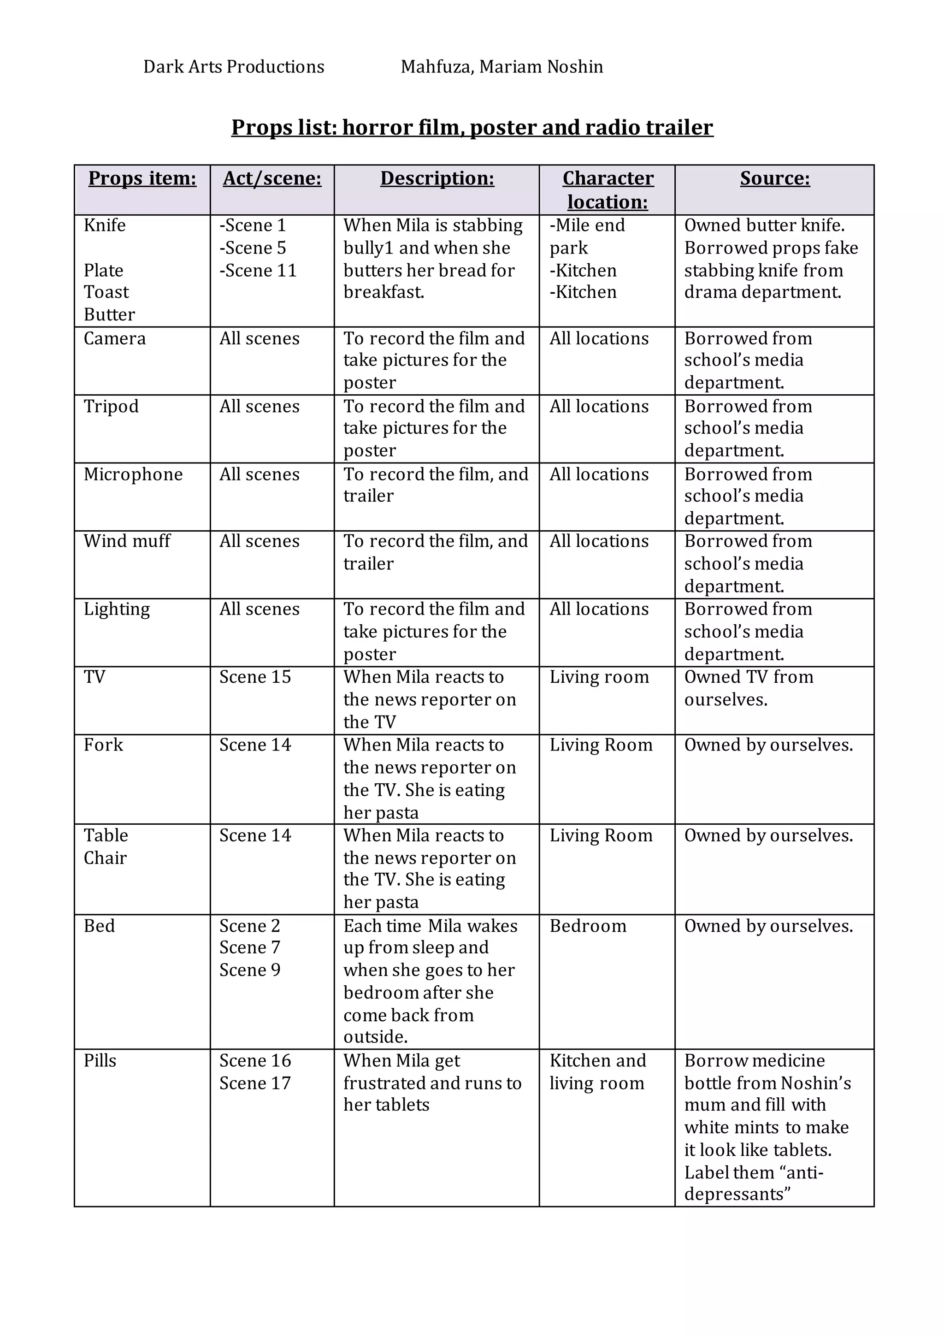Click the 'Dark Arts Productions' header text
coord(234,67)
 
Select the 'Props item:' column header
coord(142,178)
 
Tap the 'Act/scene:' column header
coord(272,178)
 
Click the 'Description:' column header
coord(437,178)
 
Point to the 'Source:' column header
coord(774,178)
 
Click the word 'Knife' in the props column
coord(105,225)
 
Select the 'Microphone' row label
coord(133,474)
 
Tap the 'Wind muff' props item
coord(127,542)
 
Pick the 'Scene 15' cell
coord(254,677)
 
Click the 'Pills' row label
coord(100,1061)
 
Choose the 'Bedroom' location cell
coord(588,927)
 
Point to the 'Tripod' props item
coord(111,407)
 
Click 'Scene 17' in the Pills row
coord(254,1083)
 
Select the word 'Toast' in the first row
coord(106,292)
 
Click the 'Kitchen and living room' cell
coord(597,1072)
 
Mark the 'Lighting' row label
coord(117,609)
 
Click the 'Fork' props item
coord(103,745)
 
